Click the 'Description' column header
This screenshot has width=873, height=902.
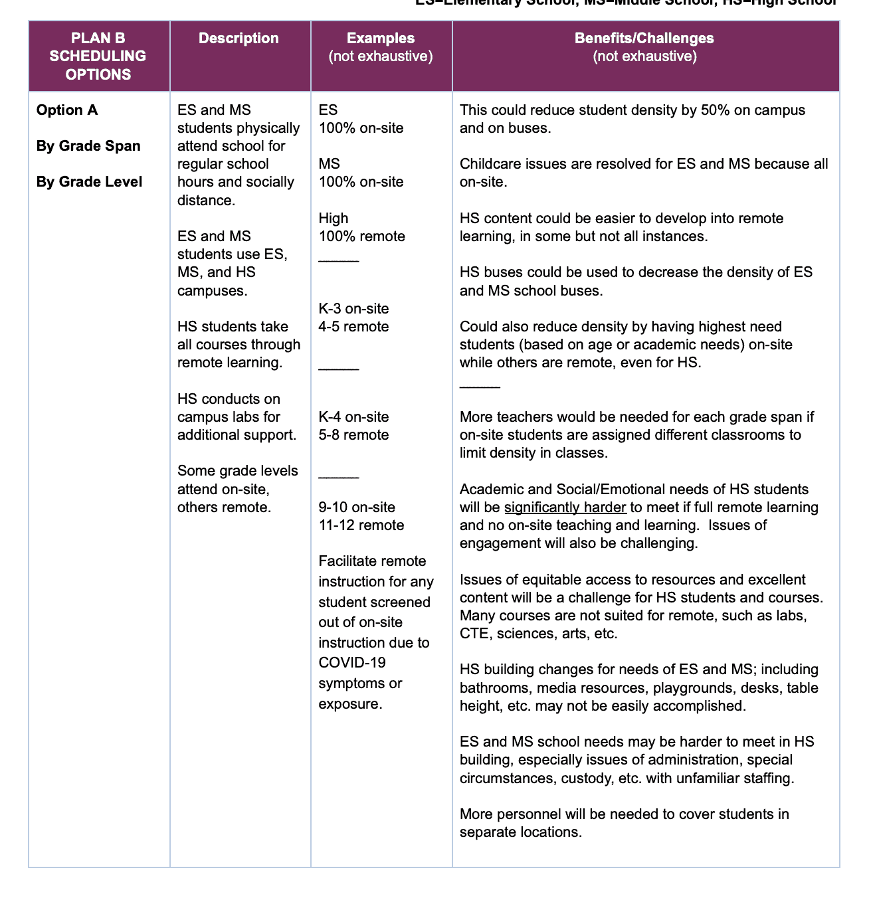pos(239,39)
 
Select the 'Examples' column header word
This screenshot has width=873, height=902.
pos(381,39)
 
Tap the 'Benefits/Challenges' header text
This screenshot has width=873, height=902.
pos(644,39)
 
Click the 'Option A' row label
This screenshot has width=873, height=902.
pos(67,110)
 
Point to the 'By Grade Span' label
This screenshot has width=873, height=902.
pos(88,146)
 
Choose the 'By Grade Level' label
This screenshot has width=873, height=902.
pos(89,182)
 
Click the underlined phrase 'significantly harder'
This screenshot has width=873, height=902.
pos(565,507)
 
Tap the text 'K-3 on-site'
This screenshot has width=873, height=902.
pos(353,309)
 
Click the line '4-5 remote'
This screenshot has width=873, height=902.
pos(353,327)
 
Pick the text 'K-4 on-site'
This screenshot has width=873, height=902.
pos(353,417)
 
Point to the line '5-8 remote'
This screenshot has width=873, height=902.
pos(353,435)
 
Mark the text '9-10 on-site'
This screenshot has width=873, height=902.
pos(357,507)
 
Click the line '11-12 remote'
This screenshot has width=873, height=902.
pos(361,525)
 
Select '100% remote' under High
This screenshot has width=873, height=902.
pos(361,236)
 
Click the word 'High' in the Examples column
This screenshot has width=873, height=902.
pos(334,219)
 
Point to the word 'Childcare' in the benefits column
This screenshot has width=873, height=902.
pos(489,164)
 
